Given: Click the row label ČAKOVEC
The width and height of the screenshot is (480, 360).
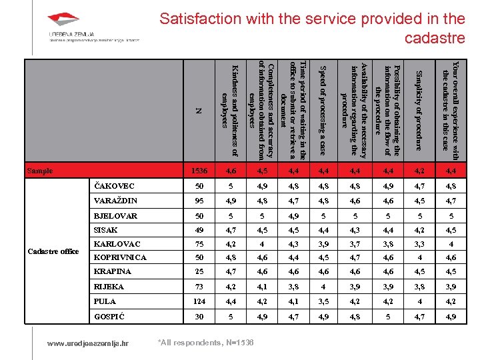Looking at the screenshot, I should click(114, 186).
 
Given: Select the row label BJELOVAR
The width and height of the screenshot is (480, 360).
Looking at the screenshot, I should click(115, 215).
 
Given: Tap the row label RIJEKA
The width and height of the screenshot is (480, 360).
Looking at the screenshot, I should click(109, 286).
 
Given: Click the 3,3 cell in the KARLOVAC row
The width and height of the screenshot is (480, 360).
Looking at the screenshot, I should click(419, 244).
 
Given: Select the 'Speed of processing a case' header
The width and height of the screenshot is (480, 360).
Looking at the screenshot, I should click(322, 107).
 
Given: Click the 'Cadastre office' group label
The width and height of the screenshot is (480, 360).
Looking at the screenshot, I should click(53, 251).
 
